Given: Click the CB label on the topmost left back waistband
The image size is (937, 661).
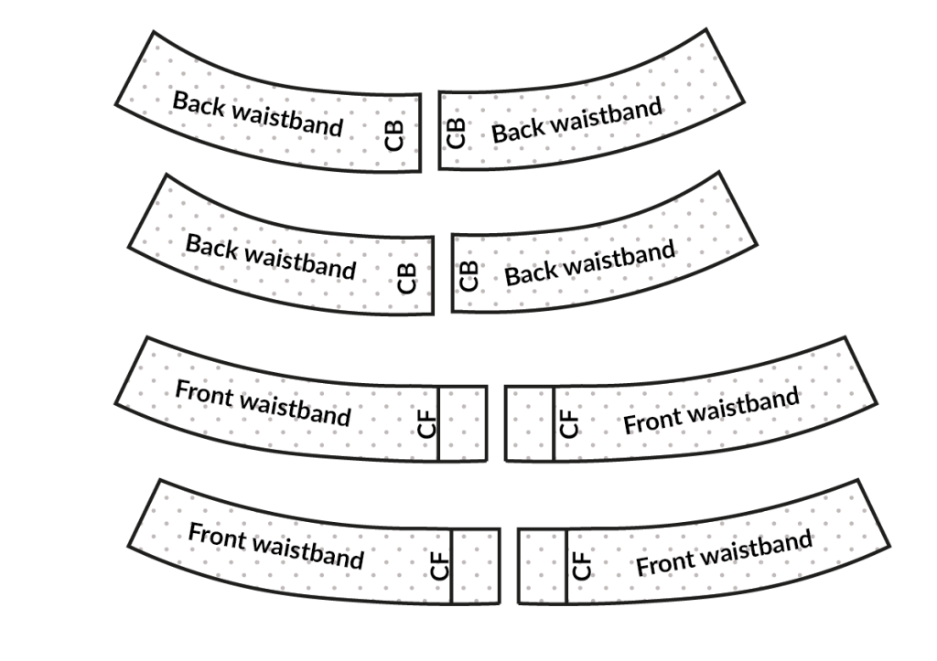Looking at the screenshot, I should [x=394, y=133].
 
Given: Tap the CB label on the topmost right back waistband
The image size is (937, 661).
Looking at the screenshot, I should [x=456, y=133].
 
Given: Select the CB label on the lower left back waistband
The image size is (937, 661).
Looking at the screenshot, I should [x=407, y=277].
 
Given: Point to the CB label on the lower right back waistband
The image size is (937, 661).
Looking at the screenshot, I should [x=468, y=276].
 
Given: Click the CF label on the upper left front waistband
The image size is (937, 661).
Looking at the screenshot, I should [x=427, y=423].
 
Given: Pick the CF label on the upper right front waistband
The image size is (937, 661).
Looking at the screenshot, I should [x=569, y=423].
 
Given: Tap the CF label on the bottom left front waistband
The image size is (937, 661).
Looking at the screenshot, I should [x=440, y=567].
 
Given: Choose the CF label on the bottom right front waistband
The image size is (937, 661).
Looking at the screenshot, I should [x=582, y=567].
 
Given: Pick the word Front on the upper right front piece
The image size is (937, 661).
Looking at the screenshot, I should [x=652, y=420].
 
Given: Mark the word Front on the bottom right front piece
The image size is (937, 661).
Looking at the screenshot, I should [x=665, y=563].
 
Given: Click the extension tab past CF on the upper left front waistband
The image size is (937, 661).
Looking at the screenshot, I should [x=463, y=423].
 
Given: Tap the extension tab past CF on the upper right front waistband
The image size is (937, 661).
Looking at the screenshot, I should [x=529, y=423].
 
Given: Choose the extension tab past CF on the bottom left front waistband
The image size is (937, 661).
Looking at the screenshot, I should [x=476, y=567].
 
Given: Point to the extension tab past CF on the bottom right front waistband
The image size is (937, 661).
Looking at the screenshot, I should [x=542, y=567].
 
